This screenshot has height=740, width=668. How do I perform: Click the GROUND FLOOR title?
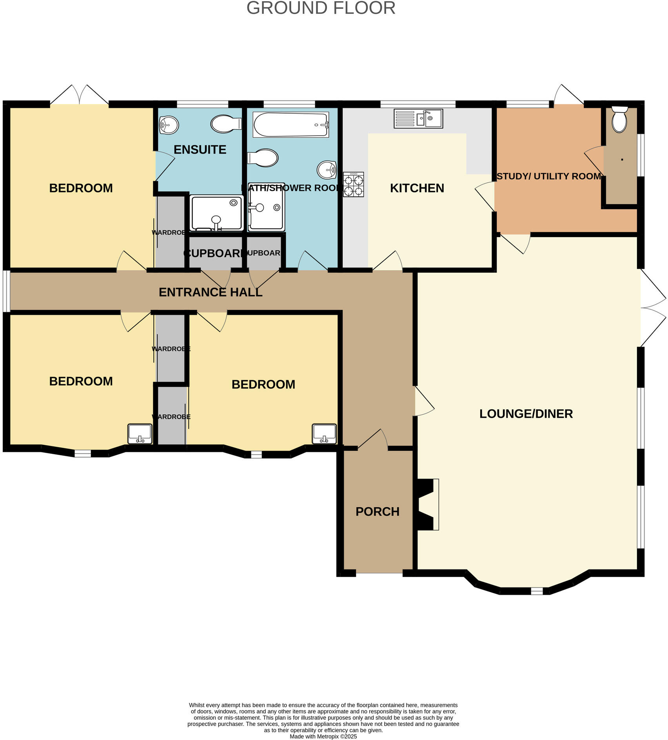(321, 8)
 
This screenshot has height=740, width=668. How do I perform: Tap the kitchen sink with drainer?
(418, 119)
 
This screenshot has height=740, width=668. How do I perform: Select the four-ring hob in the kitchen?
(353, 185)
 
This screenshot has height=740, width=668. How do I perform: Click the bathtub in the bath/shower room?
(290, 125)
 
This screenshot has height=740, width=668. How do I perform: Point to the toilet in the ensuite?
(226, 124)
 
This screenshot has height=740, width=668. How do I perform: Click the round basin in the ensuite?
(169, 125)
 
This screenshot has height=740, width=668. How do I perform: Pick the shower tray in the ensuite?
(216, 213)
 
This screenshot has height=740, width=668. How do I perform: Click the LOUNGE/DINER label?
(526, 414)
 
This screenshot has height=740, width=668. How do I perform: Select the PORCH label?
(377, 512)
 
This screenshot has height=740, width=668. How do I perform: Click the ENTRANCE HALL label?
(211, 292)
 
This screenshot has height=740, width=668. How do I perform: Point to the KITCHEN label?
(417, 189)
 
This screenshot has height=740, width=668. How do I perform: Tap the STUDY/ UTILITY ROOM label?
(548, 177)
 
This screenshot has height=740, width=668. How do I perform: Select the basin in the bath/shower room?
(327, 170)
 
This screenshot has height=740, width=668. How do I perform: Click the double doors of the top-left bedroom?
(79, 95)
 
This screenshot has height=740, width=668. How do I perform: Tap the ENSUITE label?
(200, 150)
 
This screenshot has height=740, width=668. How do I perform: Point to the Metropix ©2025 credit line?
(323, 736)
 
